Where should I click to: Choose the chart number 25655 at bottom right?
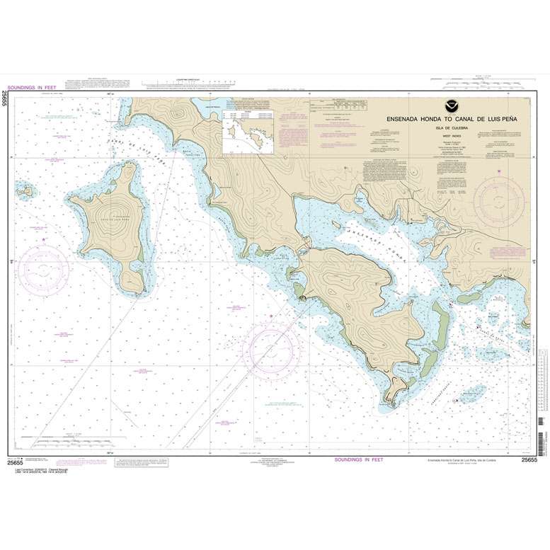coord(529,460)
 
